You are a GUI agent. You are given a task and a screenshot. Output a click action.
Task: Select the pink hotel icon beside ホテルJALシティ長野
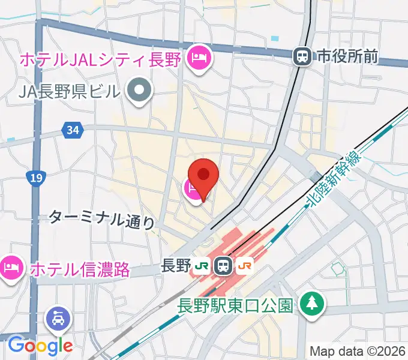pyautogui.click(x=198, y=59)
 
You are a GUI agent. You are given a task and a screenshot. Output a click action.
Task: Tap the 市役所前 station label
pyautogui.click(x=349, y=56)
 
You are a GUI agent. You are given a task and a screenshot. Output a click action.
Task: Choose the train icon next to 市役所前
pyautogui.click(x=302, y=56)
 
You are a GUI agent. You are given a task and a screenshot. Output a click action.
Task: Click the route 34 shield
pyautogui.click(x=73, y=130)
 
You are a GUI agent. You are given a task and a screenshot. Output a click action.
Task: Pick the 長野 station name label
pyautogui.click(x=176, y=265)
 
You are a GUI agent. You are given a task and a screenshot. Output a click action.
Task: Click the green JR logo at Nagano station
pyautogui.click(x=202, y=265)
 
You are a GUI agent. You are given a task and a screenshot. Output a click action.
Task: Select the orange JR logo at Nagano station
pyautogui.click(x=244, y=265)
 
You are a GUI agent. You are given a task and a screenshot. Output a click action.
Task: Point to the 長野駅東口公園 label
pyautogui.click(x=236, y=305)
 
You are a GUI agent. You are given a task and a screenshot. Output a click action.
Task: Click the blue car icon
pyautogui.click(x=61, y=317)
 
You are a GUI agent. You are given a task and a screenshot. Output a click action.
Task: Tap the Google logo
pyautogui.click(x=40, y=345)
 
